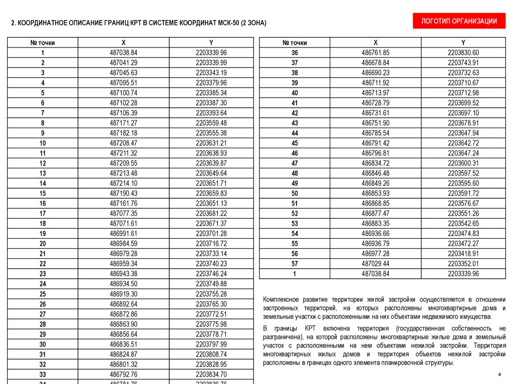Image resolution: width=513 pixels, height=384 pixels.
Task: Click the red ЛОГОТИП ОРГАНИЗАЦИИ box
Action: (459, 21)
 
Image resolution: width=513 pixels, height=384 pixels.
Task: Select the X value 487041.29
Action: (123, 63)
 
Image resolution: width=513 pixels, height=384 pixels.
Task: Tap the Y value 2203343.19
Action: (211, 73)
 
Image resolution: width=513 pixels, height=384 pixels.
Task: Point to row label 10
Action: (43, 143)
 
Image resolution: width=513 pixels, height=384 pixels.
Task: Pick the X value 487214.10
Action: (123, 183)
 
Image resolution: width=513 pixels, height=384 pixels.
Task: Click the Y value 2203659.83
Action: (211, 193)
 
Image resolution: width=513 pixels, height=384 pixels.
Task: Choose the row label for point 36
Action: (295, 53)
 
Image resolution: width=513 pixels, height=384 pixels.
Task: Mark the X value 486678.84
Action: (375, 63)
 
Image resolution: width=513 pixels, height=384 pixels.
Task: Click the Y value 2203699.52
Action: (463, 103)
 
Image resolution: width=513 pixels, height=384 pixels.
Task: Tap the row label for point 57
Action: (295, 264)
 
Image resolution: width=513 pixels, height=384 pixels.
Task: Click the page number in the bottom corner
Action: (499, 374)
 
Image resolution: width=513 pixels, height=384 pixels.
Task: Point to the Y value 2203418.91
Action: (463, 254)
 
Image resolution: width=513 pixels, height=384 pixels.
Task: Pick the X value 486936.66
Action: (375, 233)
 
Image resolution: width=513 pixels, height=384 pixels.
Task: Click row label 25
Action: (43, 294)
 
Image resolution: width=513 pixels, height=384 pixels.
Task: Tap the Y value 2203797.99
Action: (211, 344)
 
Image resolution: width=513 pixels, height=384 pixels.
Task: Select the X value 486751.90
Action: (375, 123)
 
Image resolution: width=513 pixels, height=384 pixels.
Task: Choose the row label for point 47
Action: (295, 163)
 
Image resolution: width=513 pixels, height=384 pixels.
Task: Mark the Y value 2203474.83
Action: (463, 233)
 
